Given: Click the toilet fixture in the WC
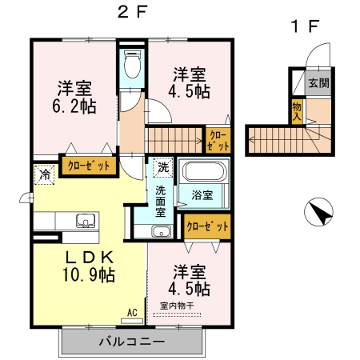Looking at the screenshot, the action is pyautogui.click(x=132, y=64).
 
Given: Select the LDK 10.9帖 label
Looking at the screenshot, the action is pyautogui.click(x=89, y=266).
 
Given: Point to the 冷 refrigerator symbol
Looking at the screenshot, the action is pyautogui.click(x=44, y=174).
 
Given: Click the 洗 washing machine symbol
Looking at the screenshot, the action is pyautogui.click(x=163, y=167).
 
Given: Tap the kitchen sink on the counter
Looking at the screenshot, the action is pyautogui.click(x=86, y=221).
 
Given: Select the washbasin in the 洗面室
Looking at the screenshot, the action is pyautogui.click(x=162, y=231).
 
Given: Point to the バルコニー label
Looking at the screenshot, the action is pyautogui.click(x=132, y=342).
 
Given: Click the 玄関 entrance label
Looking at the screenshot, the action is pyautogui.click(x=318, y=83).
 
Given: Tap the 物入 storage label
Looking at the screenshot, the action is pyautogui.click(x=297, y=111).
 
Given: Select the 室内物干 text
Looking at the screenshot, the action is pyautogui.click(x=177, y=306).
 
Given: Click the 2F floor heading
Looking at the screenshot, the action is pyautogui.click(x=133, y=12).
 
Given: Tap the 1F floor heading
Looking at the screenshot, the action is pyautogui.click(x=305, y=26).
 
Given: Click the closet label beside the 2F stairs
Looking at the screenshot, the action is pyautogui.click(x=218, y=141).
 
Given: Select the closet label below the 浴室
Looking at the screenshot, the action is pyautogui.click(x=207, y=226).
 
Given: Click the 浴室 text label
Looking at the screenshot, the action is pyautogui.click(x=202, y=195).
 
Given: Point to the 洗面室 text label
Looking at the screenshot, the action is pyautogui.click(x=161, y=202).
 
